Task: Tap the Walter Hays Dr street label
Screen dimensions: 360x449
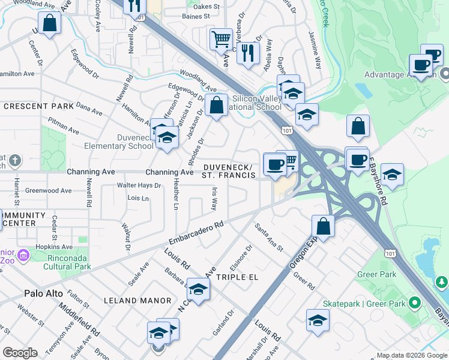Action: [139, 185]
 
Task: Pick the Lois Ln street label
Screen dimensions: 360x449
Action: [138, 198]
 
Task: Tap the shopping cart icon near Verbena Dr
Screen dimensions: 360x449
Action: [221, 40]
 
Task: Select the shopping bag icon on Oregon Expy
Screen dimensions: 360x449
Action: [323, 227]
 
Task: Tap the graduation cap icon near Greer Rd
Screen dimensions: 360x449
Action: [318, 321]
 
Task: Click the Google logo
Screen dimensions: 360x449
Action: [20, 353]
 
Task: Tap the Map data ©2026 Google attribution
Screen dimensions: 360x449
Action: [411, 355]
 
